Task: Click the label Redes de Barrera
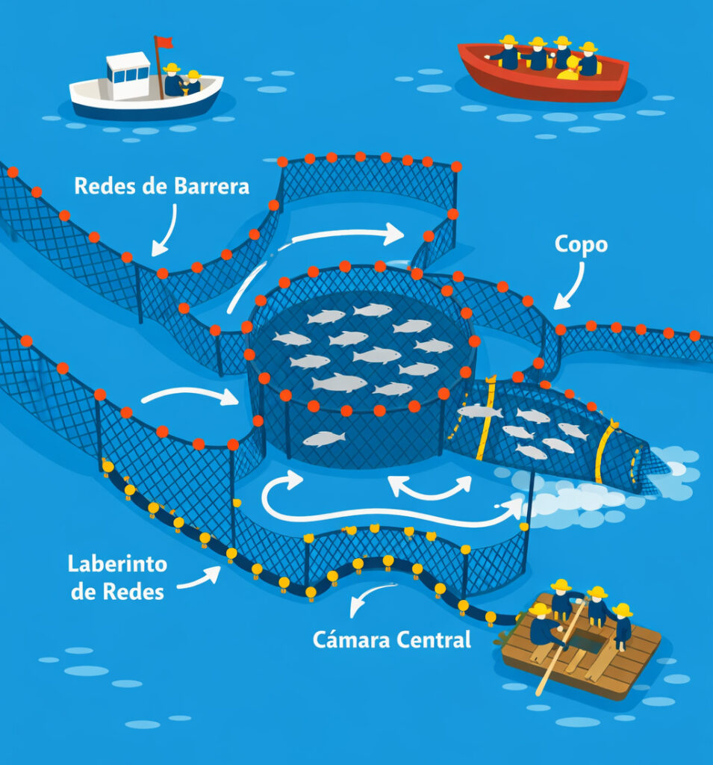click(161, 186)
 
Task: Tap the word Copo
click(581, 245)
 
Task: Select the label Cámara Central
click(392, 639)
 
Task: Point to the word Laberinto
click(117, 564)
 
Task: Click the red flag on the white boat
click(164, 42)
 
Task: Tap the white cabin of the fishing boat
click(128, 75)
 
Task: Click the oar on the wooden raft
click(561, 646)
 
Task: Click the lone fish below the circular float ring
click(324, 439)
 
